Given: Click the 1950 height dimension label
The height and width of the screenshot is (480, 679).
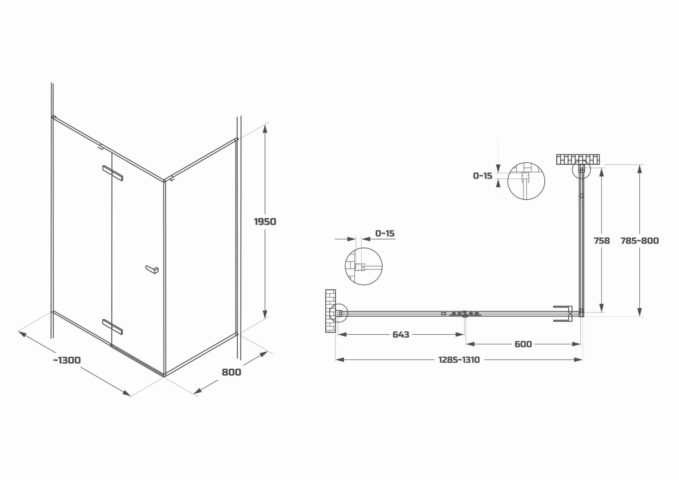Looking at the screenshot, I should pyautogui.click(x=265, y=222).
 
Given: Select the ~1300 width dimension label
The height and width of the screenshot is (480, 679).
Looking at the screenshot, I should pyautogui.click(x=67, y=360).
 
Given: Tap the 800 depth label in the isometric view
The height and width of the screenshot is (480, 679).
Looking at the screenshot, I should pyautogui.click(x=231, y=372).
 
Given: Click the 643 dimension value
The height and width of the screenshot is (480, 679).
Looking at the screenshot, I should pyautogui.click(x=401, y=334).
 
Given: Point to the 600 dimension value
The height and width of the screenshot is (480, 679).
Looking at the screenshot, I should pyautogui.click(x=523, y=344).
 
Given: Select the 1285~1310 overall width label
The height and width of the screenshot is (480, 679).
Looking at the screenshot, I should pyautogui.click(x=459, y=360).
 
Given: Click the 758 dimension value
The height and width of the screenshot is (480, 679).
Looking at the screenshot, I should pyautogui.click(x=602, y=241).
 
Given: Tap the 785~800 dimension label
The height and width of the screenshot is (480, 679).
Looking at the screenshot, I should pyautogui.click(x=639, y=241).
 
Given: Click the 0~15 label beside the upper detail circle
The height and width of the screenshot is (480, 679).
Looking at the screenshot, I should pyautogui.click(x=482, y=176).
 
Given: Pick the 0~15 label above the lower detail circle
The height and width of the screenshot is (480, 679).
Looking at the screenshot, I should pyautogui.click(x=385, y=233).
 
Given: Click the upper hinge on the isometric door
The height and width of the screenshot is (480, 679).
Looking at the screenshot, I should pyautogui.click(x=112, y=173).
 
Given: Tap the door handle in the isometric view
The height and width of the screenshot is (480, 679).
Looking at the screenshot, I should pyautogui.click(x=152, y=269).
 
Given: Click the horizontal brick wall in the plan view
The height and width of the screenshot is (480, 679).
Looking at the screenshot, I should pyautogui.click(x=578, y=159).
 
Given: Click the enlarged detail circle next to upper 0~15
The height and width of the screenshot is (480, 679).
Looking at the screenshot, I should pyautogui.click(x=526, y=181).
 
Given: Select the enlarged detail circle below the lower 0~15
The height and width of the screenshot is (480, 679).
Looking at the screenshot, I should pyautogui.click(x=364, y=266).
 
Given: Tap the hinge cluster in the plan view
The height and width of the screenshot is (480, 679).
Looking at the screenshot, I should pyautogui.click(x=465, y=314).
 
